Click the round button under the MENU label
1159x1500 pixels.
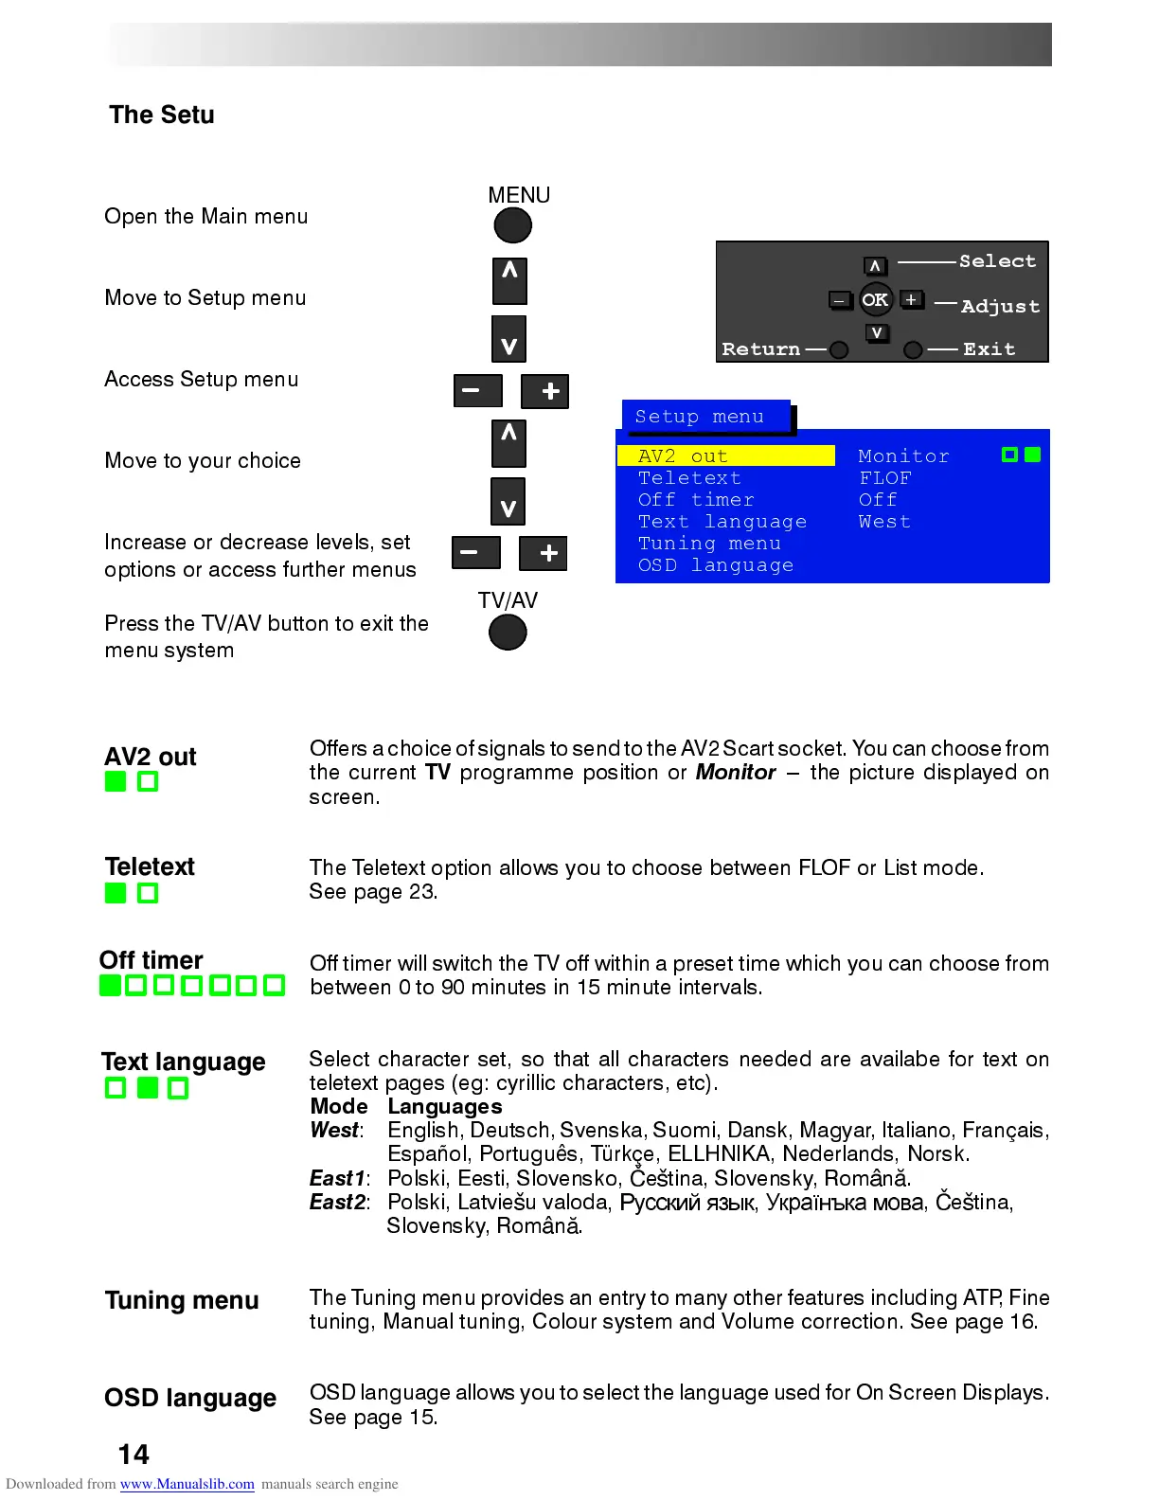coord(512,225)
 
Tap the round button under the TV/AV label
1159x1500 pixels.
coord(508,633)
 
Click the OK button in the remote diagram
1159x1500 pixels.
coord(875,300)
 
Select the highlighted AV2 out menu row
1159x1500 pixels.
coord(725,456)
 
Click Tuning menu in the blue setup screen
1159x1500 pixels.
coord(709,544)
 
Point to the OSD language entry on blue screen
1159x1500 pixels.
coord(715,565)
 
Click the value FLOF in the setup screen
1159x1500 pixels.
coord(884,478)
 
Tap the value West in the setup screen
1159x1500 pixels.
coord(884,522)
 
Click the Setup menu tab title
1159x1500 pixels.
coord(700,417)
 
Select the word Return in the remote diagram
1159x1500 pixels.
coord(760,349)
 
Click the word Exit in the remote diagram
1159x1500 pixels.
coord(989,349)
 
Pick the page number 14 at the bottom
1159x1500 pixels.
coord(134,1455)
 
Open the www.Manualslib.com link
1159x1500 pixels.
coord(187,1484)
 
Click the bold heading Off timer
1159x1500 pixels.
coord(152,960)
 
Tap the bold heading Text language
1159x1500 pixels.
coord(184,1062)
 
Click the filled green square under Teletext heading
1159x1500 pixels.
coord(116,893)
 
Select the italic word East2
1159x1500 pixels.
coord(337,1202)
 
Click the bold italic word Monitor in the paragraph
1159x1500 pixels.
coord(736,773)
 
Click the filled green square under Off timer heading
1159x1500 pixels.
coord(110,986)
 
